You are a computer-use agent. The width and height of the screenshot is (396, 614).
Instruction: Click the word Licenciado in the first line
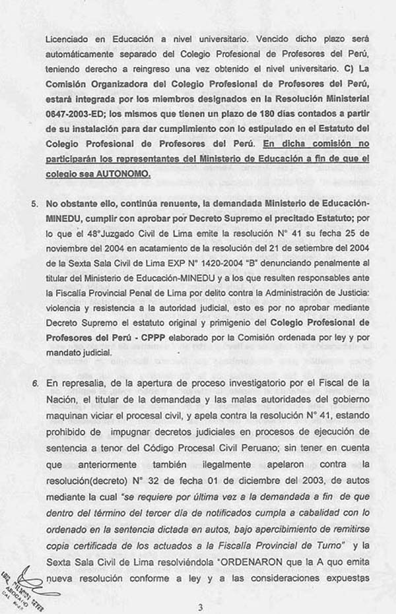[x=66, y=39]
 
